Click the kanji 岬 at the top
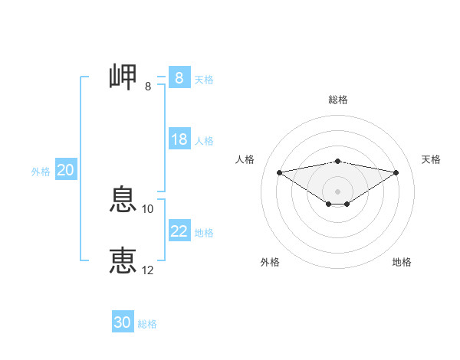(123, 78)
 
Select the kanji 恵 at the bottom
(123, 260)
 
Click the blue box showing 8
(179, 78)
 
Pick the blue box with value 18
(179, 139)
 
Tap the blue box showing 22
(179, 231)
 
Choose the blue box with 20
(65, 170)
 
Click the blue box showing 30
(123, 322)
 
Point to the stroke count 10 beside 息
(148, 208)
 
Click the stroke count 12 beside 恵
(148, 270)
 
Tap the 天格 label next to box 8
(204, 79)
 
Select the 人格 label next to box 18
(204, 141)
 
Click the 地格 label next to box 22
(204, 233)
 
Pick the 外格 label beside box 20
(41, 172)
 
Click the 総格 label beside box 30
(147, 324)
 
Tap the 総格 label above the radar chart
(337, 100)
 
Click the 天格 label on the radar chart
(431, 159)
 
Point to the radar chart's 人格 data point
(279, 172)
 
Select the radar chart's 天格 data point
(396, 172)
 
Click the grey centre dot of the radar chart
(337, 190)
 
